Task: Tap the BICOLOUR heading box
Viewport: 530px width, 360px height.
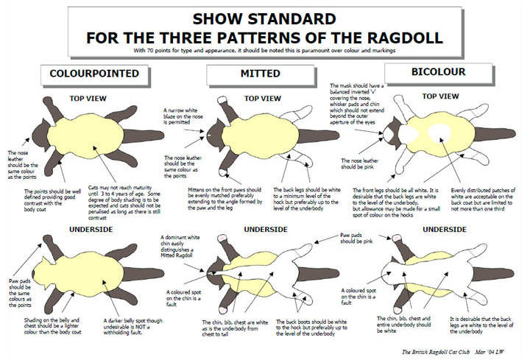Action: pyautogui.click(x=439, y=73)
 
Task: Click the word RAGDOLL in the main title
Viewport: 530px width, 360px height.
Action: pyautogui.click(x=405, y=38)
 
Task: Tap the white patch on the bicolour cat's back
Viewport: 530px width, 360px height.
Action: pyautogui.click(x=439, y=133)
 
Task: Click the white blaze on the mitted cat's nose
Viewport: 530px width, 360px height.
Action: pyautogui.click(x=209, y=136)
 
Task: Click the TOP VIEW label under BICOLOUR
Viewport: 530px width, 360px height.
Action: pyautogui.click(x=440, y=96)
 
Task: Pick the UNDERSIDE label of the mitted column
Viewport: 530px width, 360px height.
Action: pyautogui.click(x=266, y=230)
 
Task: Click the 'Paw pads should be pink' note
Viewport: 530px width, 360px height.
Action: pyautogui.click(x=356, y=239)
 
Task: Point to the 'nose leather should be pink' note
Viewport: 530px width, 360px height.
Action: pyautogui.click(x=360, y=163)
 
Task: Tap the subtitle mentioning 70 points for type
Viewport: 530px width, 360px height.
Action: pyautogui.click(x=264, y=51)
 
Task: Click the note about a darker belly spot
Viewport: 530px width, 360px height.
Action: pyautogui.click(x=132, y=327)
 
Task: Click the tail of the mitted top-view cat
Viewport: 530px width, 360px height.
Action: pyautogui.click(x=319, y=136)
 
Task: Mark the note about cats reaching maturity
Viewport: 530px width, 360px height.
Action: pyautogui.click(x=124, y=202)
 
